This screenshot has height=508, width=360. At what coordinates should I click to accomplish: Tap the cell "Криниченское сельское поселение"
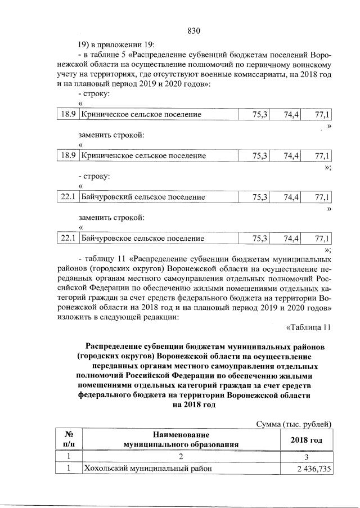(x=143, y=156)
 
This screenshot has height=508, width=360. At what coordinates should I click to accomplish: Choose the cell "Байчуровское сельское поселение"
(x=143, y=238)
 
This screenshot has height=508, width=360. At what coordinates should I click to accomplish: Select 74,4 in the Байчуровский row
(x=291, y=197)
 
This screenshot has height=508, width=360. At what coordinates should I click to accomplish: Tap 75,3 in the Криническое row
(x=259, y=115)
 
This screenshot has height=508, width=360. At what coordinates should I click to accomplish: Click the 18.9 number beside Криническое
(x=68, y=115)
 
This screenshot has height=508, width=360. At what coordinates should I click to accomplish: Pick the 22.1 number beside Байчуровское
(x=68, y=238)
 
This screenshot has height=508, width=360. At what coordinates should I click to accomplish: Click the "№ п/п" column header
(x=68, y=439)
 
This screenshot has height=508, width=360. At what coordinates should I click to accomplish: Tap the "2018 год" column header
(x=307, y=439)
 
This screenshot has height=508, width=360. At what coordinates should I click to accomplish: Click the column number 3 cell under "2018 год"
(x=307, y=456)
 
